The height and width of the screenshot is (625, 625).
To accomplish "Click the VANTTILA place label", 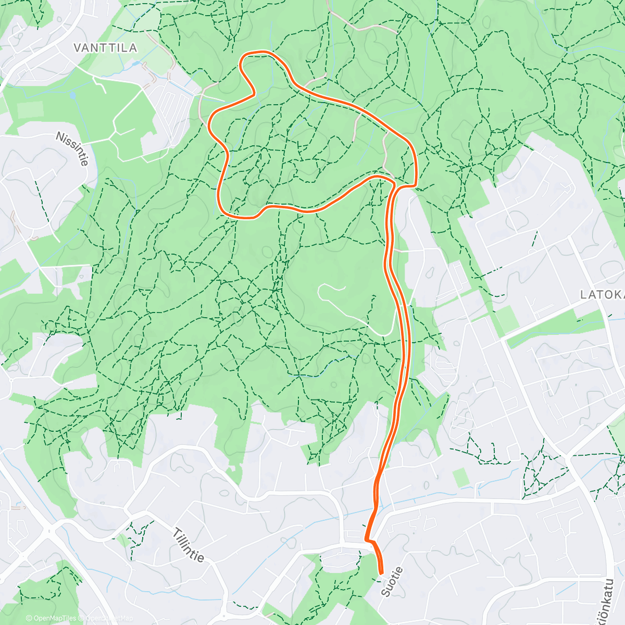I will pos(105,48).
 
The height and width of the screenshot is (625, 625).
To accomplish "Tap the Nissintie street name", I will pos(72,149).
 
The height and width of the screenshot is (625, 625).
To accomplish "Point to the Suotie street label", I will pos(392,582).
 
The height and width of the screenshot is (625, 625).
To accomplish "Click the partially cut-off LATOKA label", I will pos(602,295).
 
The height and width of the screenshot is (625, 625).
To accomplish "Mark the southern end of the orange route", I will pos(381,572).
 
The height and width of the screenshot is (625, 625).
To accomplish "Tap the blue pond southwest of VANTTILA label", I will pos(72,96).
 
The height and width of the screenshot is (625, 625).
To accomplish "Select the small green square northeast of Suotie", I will pos(460,477).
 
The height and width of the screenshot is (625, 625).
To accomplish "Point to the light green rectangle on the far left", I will pos(30,110).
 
